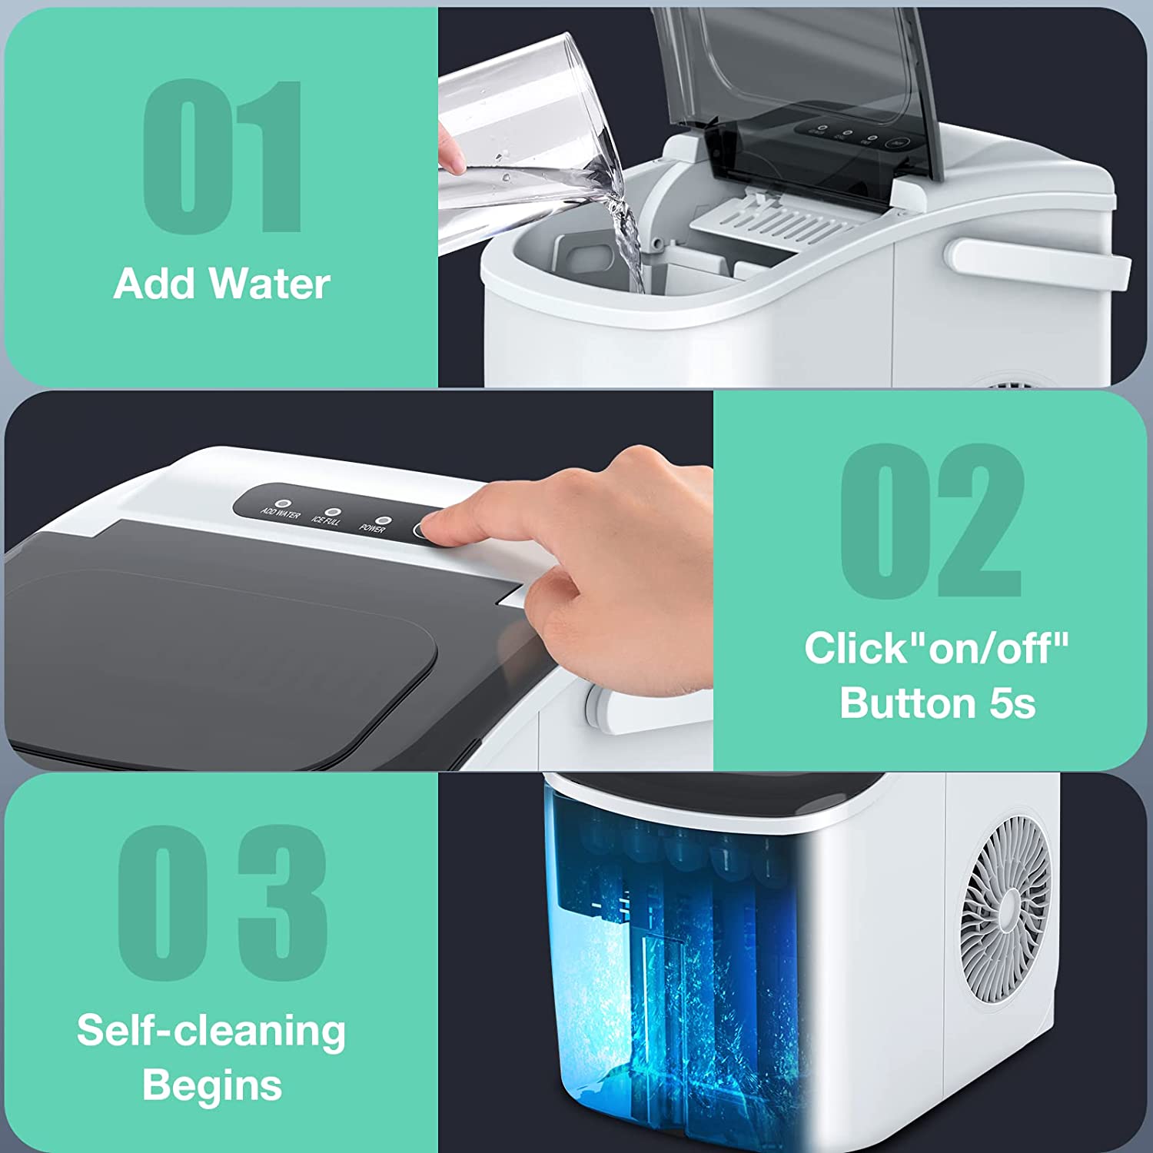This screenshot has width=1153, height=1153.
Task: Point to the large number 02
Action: [932, 520]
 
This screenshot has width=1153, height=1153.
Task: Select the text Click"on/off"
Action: [936, 648]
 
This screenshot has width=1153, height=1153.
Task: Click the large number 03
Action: [223, 903]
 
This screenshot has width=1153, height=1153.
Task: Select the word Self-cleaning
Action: [211, 1031]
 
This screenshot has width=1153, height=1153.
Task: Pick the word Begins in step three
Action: [212, 1085]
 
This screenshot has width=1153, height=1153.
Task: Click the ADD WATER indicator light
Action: [283, 504]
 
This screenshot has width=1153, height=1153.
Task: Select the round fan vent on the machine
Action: [1005, 909]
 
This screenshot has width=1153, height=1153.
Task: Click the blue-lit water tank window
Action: [676, 961]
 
